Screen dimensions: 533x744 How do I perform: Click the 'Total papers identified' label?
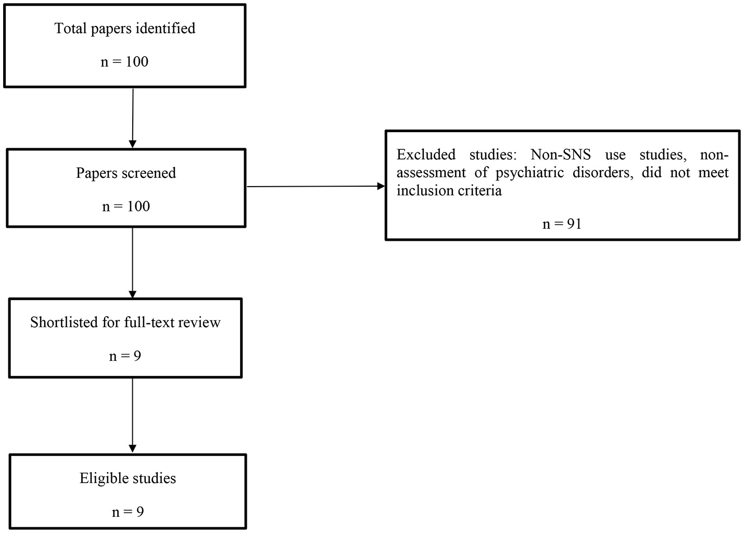tap(125, 28)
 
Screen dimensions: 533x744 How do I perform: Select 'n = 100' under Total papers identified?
tap(124, 62)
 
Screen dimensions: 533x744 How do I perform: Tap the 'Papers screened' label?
tap(126, 173)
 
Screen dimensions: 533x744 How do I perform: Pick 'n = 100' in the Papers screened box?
tap(126, 206)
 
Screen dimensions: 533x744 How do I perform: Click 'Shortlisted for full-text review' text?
tap(125, 322)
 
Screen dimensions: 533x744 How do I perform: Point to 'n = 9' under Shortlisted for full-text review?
tap(125, 356)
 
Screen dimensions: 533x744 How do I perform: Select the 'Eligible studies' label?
tap(128, 478)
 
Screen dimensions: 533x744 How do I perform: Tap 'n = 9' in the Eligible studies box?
tap(128, 512)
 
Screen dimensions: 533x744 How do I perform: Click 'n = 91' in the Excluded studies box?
tap(562, 224)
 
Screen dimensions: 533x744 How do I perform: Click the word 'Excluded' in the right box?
tap(426, 155)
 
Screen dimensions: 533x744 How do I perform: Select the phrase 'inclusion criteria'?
tap(449, 190)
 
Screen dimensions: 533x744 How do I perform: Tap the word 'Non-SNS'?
tap(561, 155)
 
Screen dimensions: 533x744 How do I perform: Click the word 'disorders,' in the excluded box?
tap(603, 173)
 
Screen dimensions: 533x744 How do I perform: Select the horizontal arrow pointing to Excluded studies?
tap(315, 186)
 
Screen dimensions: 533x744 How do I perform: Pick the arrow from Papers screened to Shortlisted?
tap(132, 263)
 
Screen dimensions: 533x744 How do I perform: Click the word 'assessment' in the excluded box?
tap(431, 173)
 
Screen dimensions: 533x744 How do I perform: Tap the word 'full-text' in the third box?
tap(150, 322)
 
